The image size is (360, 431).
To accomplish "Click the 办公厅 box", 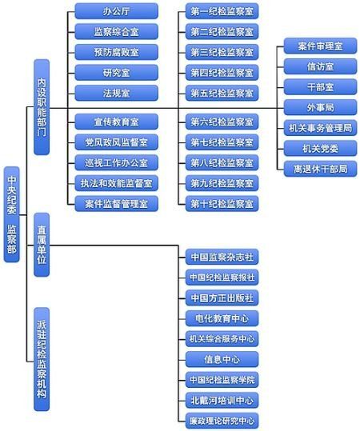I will pos(117,11).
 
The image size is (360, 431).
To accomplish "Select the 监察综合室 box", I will pos(117,32).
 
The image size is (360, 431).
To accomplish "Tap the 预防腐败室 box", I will pos(117,52).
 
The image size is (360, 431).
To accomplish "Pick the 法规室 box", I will pos(117,93).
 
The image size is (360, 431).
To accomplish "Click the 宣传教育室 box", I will pos(117,122).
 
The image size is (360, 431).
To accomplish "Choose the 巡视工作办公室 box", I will pos(117,163).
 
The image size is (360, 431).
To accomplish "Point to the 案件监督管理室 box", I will pos(117,203).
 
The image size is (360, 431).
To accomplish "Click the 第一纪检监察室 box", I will pos(222,11).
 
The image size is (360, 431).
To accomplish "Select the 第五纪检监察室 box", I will pos(222,93).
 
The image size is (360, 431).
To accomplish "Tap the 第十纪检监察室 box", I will pos(222,203).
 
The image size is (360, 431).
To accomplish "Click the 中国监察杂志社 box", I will pos(222,257).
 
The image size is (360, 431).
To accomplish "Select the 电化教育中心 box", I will pos(222,317).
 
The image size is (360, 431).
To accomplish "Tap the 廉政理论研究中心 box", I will pos(222,420).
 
